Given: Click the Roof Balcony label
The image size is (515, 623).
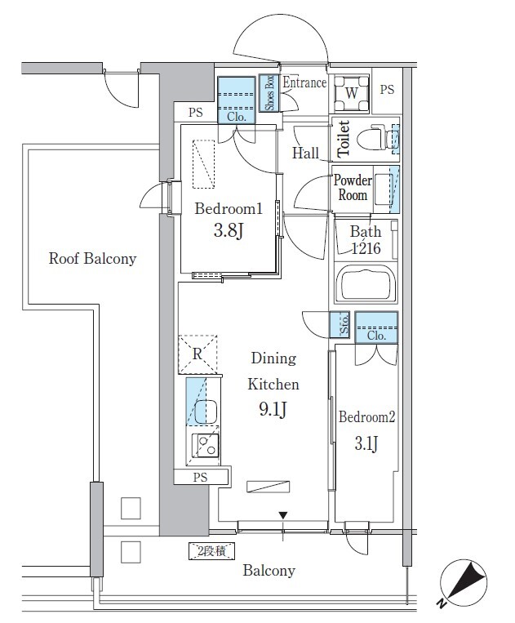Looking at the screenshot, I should click(x=91, y=259).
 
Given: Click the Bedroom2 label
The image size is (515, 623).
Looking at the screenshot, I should click(x=366, y=416).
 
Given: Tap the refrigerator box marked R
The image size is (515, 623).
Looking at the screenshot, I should click(x=198, y=354).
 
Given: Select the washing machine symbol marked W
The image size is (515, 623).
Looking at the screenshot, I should click(x=351, y=93).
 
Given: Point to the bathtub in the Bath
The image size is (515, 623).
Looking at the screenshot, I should click(x=366, y=286).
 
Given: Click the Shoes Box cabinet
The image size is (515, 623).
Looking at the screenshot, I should click(x=267, y=92).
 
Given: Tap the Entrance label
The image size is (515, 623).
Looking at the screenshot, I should click(x=304, y=82).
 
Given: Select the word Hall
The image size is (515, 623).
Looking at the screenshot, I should click(x=305, y=153).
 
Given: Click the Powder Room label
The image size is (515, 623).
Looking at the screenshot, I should click(x=352, y=188).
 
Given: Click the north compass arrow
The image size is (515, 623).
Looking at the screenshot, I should click(x=463, y=583).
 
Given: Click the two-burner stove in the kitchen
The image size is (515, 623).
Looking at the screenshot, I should click(x=205, y=446).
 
